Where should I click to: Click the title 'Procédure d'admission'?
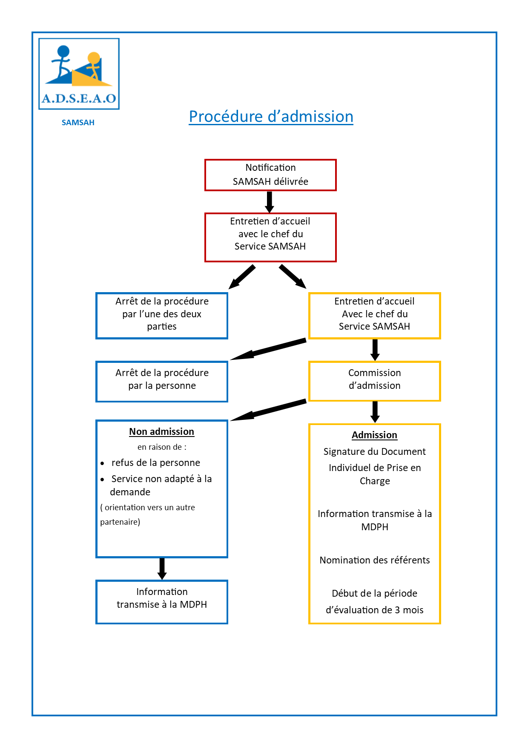(271, 117)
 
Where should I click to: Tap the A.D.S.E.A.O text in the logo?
(79, 99)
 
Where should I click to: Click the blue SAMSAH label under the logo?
(78, 123)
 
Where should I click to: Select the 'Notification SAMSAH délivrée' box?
(270, 175)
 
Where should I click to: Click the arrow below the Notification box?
(270, 202)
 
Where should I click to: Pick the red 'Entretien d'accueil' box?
(270, 237)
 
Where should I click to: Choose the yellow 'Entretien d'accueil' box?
(374, 316)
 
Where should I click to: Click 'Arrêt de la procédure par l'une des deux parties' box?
(162, 316)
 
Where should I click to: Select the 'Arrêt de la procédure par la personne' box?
(162, 381)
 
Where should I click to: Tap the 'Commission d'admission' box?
(374, 381)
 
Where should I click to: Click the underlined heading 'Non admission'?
(162, 432)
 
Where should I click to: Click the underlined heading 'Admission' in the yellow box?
(374, 435)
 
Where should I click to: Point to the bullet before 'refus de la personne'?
(102, 463)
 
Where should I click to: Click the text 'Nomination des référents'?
(375, 560)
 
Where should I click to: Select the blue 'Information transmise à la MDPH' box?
(162, 602)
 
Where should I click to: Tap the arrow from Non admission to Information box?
(162, 569)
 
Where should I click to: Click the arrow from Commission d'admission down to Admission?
(375, 412)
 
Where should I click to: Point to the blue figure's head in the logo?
(63, 52)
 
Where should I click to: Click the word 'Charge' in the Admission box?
(375, 481)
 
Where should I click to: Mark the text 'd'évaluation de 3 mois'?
(375, 610)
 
